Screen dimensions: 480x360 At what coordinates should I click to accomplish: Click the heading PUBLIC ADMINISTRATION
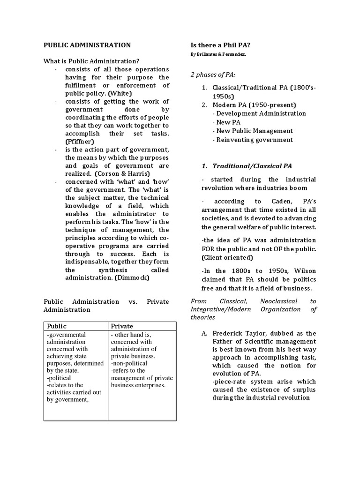tap(87, 45)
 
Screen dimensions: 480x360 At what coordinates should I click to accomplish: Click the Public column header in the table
tap(57, 326)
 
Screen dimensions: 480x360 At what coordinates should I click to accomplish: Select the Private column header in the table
tap(122, 326)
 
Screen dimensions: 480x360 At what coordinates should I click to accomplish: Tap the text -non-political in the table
tap(129, 363)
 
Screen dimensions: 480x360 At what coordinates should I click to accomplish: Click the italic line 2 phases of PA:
tap(213, 75)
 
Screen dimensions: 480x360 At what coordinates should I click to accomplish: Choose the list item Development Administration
tap(261, 113)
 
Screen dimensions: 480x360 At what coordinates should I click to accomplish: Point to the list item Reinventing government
tap(254, 140)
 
